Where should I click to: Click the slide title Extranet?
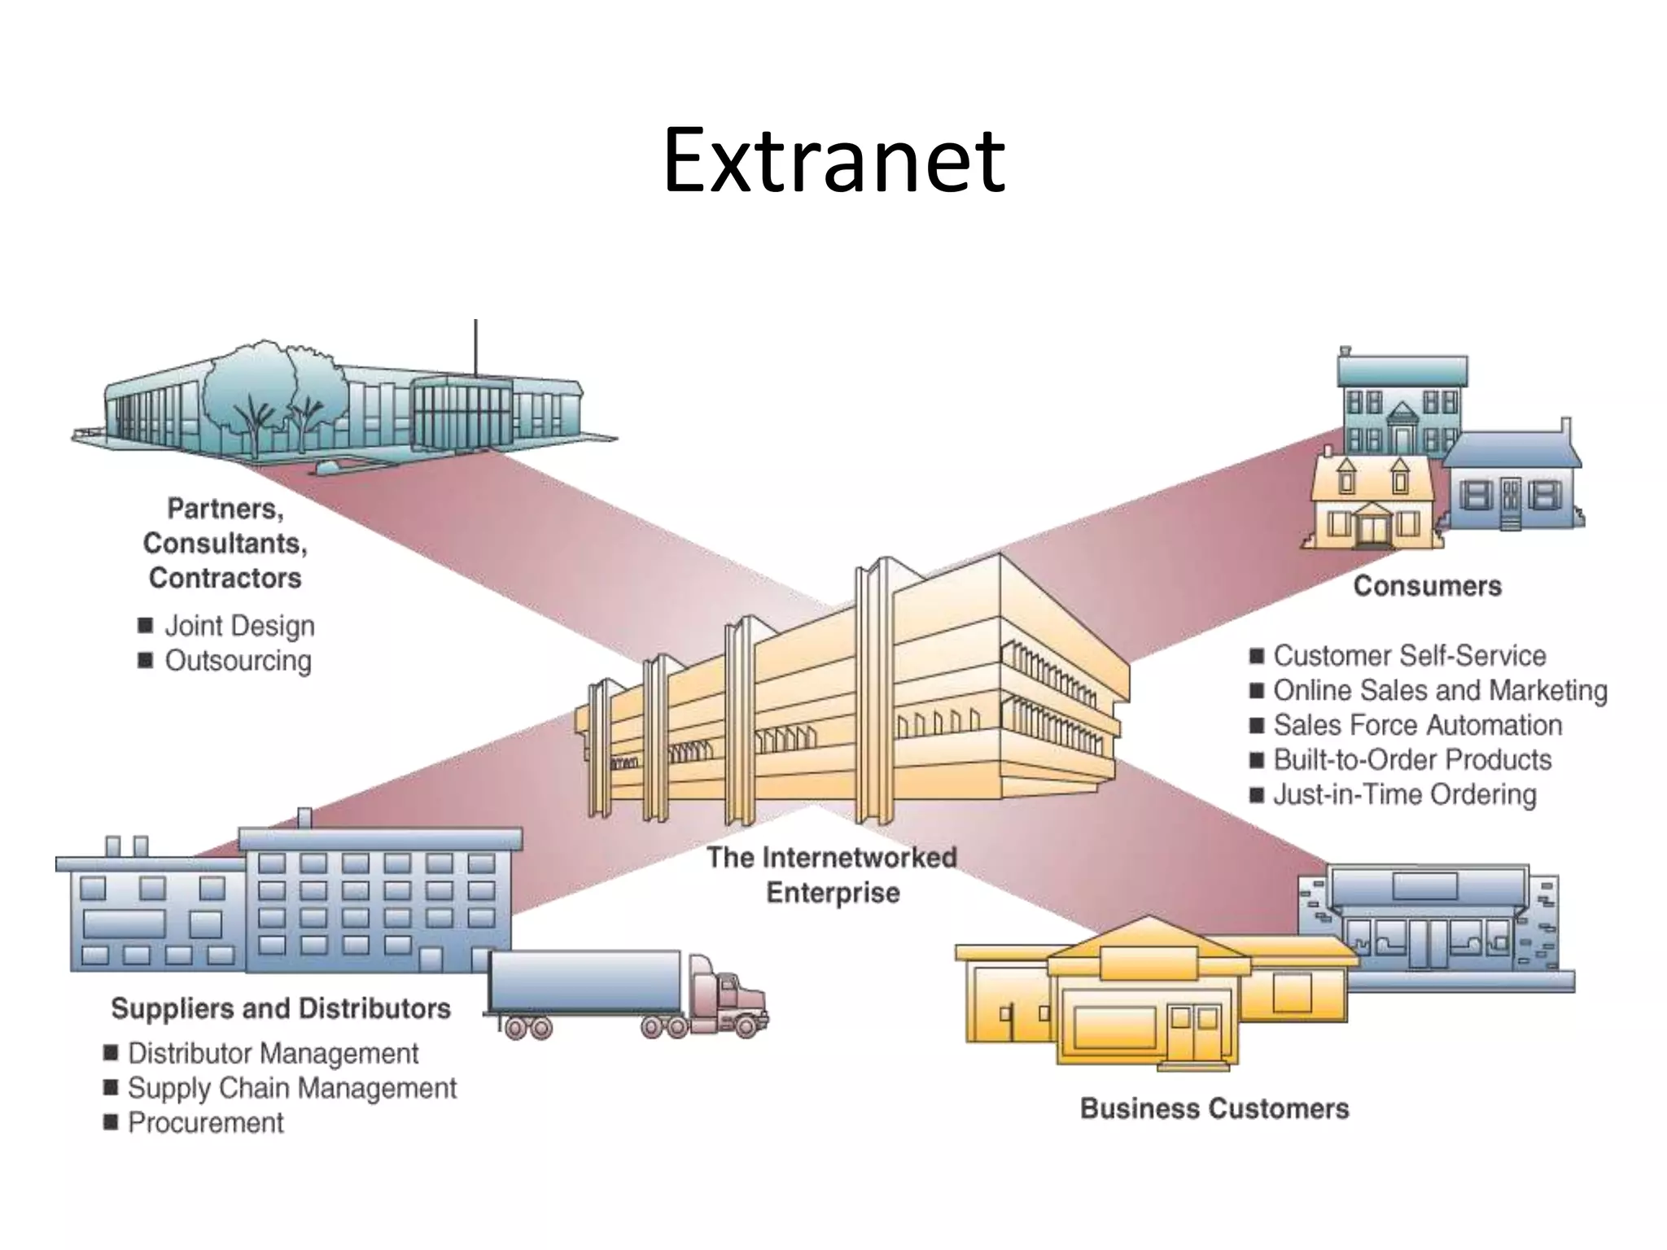click(x=833, y=160)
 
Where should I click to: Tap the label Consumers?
click(x=1427, y=586)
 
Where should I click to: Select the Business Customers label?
click(x=1214, y=1108)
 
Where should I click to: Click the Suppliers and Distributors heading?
click(x=281, y=1008)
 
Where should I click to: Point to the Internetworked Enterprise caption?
click(x=832, y=875)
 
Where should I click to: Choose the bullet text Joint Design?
click(x=239, y=626)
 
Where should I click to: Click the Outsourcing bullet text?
click(x=238, y=661)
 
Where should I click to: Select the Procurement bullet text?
click(x=206, y=1123)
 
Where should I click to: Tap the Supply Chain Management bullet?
click(x=292, y=1088)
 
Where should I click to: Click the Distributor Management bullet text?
click(x=273, y=1053)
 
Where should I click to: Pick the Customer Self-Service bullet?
click(x=1409, y=655)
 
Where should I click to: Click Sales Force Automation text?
click(x=1417, y=725)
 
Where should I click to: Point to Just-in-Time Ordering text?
click(x=1404, y=794)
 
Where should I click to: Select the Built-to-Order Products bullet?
click(x=1412, y=760)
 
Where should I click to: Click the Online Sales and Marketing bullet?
click(x=1440, y=690)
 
